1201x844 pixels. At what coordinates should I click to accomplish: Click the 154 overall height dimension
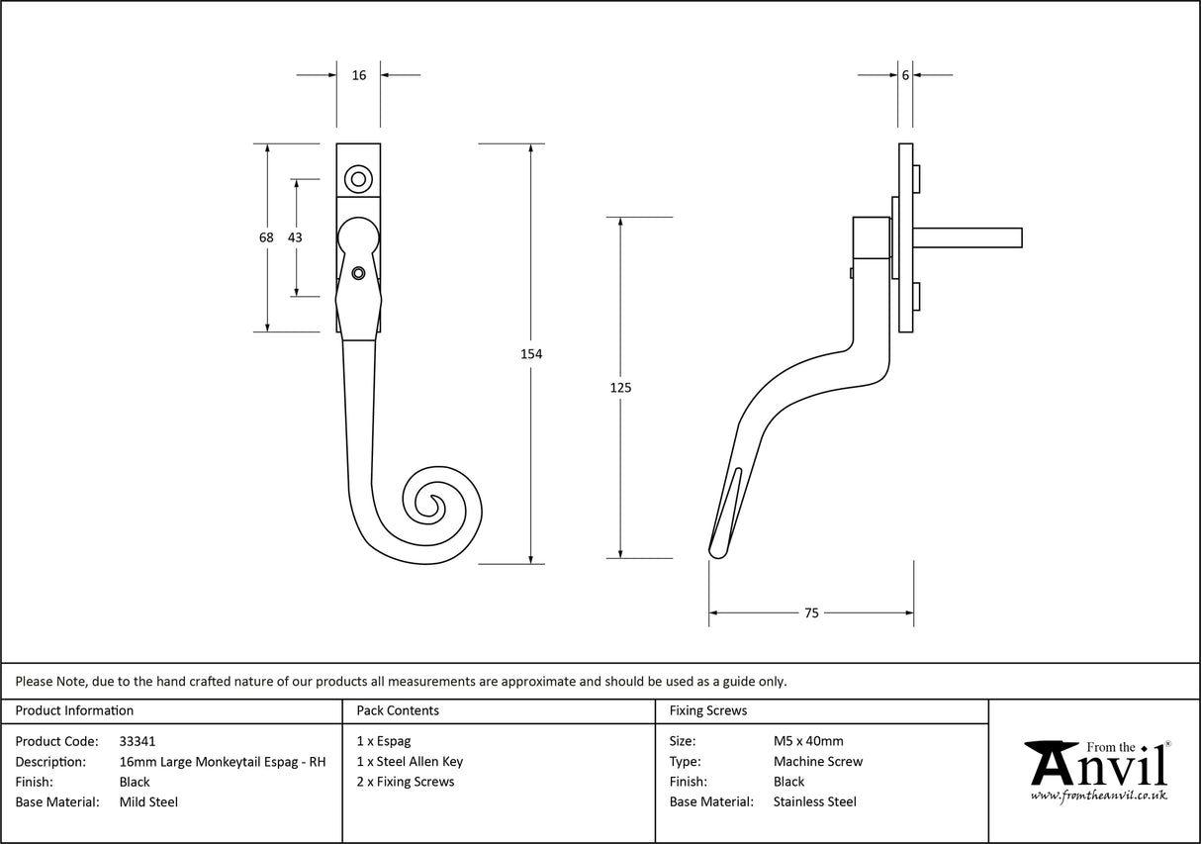click(x=531, y=354)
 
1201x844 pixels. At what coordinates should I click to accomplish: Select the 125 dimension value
click(x=620, y=388)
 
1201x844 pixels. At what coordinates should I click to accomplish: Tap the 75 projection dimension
click(x=811, y=613)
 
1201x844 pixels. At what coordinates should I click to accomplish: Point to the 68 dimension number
click(x=266, y=237)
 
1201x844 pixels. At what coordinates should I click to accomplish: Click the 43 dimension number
click(x=295, y=237)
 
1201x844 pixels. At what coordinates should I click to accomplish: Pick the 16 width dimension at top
click(x=359, y=75)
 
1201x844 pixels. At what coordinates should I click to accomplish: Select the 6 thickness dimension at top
click(x=905, y=75)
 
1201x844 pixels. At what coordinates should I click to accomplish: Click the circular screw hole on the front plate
click(x=358, y=179)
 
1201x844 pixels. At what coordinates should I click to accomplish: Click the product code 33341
click(x=137, y=741)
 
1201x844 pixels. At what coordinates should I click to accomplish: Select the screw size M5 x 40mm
click(x=808, y=741)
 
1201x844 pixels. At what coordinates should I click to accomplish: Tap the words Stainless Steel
click(x=815, y=802)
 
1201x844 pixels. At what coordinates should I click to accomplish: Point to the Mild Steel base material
click(x=148, y=802)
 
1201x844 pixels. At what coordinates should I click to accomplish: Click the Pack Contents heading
click(x=398, y=710)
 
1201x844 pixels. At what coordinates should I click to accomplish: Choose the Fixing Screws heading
click(x=708, y=710)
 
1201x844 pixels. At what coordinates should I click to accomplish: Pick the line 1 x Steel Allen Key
click(x=410, y=762)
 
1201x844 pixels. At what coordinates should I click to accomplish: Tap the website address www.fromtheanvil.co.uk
click(x=1098, y=796)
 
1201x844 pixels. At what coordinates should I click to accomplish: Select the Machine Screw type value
click(x=818, y=762)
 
